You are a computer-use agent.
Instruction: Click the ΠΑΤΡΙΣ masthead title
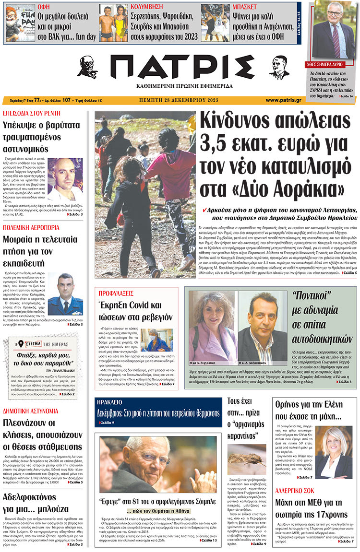[x=180, y=67]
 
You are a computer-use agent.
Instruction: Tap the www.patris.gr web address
[x=283, y=100]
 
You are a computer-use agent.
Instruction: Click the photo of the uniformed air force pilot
[x=65, y=294]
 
